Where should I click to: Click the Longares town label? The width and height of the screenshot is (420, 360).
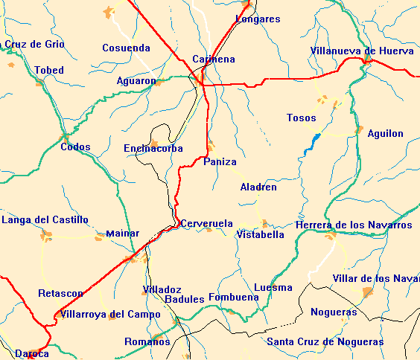click(x=258, y=19)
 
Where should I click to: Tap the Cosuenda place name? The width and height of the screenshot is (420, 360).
click(x=126, y=48)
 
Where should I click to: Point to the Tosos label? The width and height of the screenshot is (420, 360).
click(x=302, y=118)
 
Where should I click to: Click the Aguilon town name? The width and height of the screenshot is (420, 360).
click(x=386, y=134)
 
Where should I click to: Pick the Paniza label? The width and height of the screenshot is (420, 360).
click(x=220, y=161)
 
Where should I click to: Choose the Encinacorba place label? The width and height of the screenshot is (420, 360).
click(x=153, y=149)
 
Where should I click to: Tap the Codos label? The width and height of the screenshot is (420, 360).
click(x=75, y=147)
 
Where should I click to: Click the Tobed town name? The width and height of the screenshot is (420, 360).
click(x=49, y=70)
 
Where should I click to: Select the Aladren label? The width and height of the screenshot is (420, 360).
click(x=258, y=187)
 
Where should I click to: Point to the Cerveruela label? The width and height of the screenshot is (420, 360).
click(x=207, y=223)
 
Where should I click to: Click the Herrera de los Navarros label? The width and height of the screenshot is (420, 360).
click(x=354, y=225)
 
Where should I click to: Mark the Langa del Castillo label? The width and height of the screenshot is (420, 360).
click(x=45, y=219)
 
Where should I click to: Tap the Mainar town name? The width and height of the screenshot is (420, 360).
click(x=123, y=233)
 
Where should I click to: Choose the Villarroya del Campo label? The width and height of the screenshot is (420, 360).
click(x=110, y=315)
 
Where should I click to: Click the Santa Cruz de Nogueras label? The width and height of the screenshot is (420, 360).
click(x=325, y=342)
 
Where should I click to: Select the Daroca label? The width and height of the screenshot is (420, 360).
click(x=32, y=353)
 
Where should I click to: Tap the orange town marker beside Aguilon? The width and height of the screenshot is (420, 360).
click(x=360, y=129)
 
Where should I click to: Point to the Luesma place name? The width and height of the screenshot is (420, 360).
click(x=273, y=287)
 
